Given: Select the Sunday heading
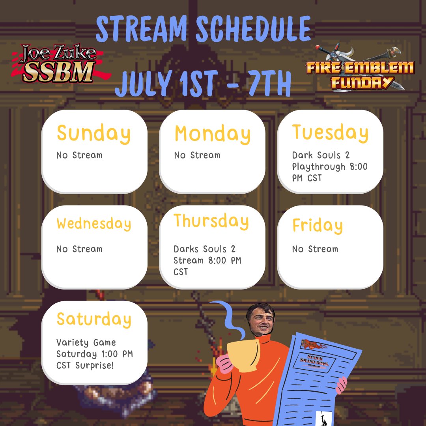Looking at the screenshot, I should pyautogui.click(x=93, y=134).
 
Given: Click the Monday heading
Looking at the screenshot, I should pyautogui.click(x=212, y=134).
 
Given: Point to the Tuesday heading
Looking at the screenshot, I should pyautogui.click(x=330, y=133).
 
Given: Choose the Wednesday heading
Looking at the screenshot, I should pyautogui.click(x=93, y=224).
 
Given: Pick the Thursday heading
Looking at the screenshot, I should pyautogui.click(x=211, y=221).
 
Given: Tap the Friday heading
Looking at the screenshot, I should pyautogui.click(x=318, y=226).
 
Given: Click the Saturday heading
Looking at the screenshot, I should pyautogui.click(x=93, y=319).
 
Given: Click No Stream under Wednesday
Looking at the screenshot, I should pyautogui.click(x=79, y=249).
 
